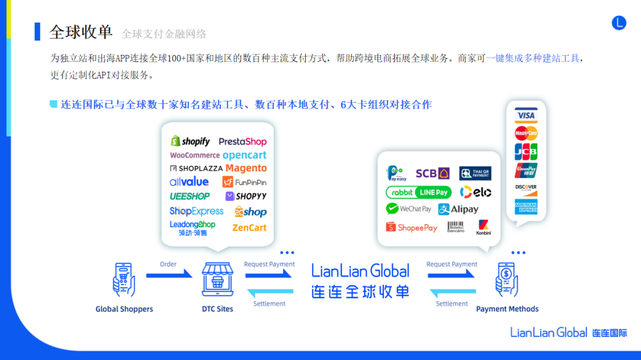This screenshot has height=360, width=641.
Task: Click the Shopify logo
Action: click(x=191, y=141)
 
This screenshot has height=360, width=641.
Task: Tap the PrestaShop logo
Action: click(x=242, y=142)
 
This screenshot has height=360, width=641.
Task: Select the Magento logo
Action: click(x=246, y=168)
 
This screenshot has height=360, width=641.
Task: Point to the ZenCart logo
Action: click(x=249, y=228)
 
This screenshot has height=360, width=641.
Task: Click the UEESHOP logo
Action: click(x=190, y=196)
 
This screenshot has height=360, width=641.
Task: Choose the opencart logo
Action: click(x=245, y=155)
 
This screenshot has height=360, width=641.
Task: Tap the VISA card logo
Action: click(x=526, y=116)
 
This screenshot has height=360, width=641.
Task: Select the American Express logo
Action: click(x=526, y=207)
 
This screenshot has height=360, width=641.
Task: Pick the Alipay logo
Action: click(x=458, y=209)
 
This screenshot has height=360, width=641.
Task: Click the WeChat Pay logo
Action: click(x=409, y=209)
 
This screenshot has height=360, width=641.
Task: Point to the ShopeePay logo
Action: click(x=411, y=227)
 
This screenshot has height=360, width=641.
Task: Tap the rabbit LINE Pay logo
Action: click(x=418, y=192)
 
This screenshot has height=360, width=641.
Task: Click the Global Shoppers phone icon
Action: click(x=124, y=279)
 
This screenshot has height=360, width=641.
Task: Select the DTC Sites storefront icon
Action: click(x=217, y=279)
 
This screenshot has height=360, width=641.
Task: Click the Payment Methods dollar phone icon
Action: click(x=507, y=279)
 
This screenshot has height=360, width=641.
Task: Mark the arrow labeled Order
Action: click(x=169, y=274)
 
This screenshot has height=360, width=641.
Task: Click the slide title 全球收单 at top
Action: click(x=81, y=32)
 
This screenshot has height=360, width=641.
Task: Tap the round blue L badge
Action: click(x=619, y=23)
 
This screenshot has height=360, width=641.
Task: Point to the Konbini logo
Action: click(x=484, y=227)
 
